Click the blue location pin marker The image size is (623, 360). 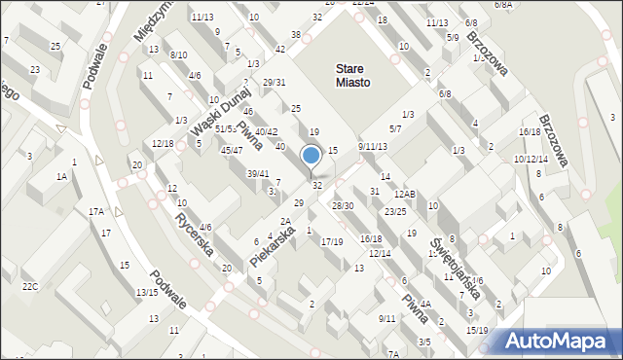pyautogui.click(x=311, y=156)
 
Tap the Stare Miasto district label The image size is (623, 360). pyautogui.click(x=351, y=76)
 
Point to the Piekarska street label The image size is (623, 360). pyautogui.click(x=272, y=245)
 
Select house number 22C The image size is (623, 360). pyautogui.click(x=30, y=286)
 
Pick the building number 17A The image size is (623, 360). pyautogui.click(x=96, y=211)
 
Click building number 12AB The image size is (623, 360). pyautogui.click(x=405, y=195)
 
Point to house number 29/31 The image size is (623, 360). pyautogui.click(x=274, y=83)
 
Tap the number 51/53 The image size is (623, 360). pyautogui.click(x=225, y=128)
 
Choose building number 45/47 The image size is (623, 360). pyautogui.click(x=232, y=150)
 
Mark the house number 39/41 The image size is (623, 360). pyautogui.click(x=257, y=173)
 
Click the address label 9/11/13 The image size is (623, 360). pyautogui.click(x=372, y=146)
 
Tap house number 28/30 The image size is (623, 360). pyautogui.click(x=343, y=205)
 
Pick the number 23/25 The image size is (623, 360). pyautogui.click(x=394, y=211)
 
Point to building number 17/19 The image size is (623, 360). pyautogui.click(x=332, y=241)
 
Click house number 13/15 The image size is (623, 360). pyautogui.click(x=147, y=293)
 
